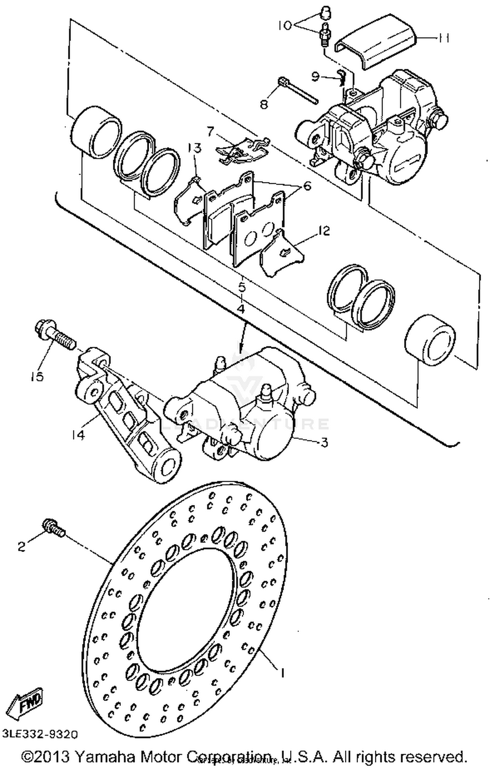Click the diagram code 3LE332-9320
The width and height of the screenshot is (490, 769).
click(40, 734)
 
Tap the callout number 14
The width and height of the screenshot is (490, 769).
click(78, 435)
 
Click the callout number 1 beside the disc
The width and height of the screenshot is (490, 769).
click(282, 673)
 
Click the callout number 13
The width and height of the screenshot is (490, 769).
click(194, 149)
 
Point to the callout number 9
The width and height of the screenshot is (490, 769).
click(315, 77)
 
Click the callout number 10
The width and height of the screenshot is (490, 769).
click(285, 25)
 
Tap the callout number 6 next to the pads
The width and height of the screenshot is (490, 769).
click(307, 186)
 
